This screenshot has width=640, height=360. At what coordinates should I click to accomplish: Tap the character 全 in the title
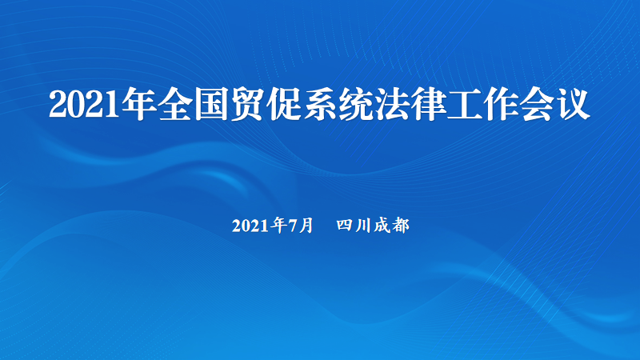(x=175, y=104)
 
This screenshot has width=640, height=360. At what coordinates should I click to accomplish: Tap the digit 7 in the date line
(x=294, y=226)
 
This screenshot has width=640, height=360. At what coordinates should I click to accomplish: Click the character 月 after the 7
(x=306, y=226)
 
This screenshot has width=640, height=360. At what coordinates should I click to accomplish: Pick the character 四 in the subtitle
(x=345, y=226)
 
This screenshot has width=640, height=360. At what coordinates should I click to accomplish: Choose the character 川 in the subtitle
(x=363, y=226)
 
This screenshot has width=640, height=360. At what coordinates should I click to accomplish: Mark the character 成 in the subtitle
(x=382, y=226)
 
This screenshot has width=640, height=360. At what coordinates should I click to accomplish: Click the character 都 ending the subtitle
(x=401, y=226)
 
